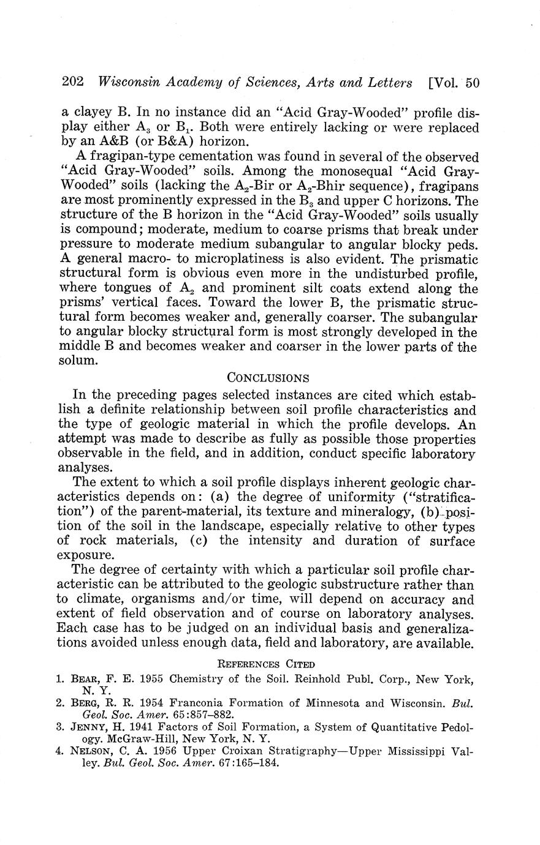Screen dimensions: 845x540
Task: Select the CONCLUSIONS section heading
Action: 268,378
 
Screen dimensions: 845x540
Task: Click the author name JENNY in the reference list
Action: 89,727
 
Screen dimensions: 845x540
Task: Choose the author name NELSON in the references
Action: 92,751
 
